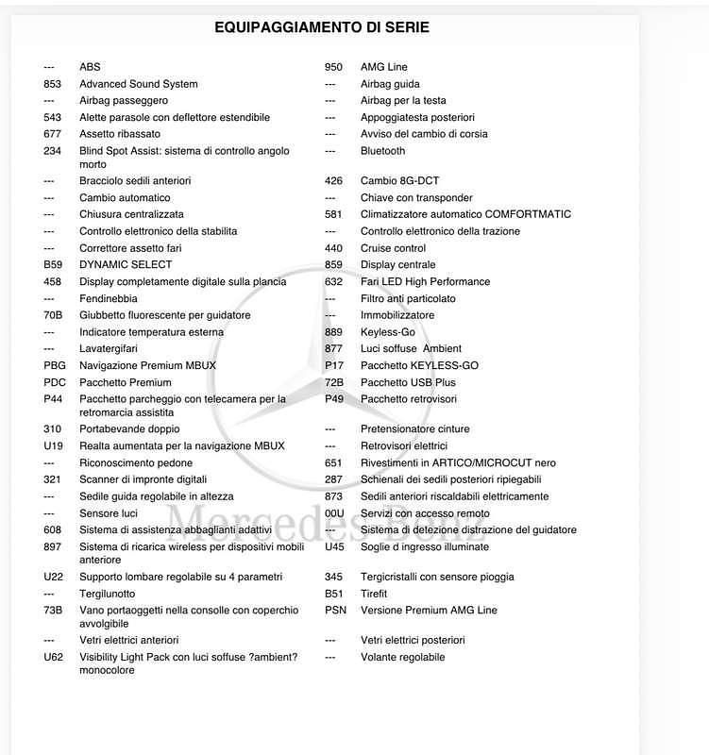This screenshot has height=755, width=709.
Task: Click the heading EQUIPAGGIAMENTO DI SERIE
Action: tap(322, 27)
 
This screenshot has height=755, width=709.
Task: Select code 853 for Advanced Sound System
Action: tap(53, 84)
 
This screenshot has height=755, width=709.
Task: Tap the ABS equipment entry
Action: tap(90, 67)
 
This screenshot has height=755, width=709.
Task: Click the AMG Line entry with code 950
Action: tap(383, 67)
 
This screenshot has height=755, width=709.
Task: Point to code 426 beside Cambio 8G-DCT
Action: tap(333, 181)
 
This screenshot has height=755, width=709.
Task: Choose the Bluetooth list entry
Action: tap(382, 151)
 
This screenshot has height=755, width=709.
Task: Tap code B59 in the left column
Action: tap(53, 265)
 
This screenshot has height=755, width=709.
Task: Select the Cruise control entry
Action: tap(393, 248)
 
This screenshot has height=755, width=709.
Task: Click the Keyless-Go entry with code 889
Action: tap(387, 332)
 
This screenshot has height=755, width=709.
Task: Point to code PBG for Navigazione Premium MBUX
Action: tap(55, 366)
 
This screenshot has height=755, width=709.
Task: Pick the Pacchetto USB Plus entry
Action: tap(408, 382)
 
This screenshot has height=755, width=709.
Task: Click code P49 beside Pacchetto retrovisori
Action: tap(334, 399)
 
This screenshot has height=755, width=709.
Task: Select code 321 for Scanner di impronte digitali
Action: tap(53, 479)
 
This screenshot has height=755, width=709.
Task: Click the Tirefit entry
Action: tap(374, 594)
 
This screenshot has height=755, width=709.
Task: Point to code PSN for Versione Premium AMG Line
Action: tap(335, 611)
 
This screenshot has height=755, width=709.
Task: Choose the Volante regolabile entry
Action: tap(402, 658)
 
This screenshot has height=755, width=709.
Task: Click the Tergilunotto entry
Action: tap(107, 594)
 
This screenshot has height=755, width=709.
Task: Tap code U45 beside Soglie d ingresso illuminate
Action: tap(334, 547)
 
